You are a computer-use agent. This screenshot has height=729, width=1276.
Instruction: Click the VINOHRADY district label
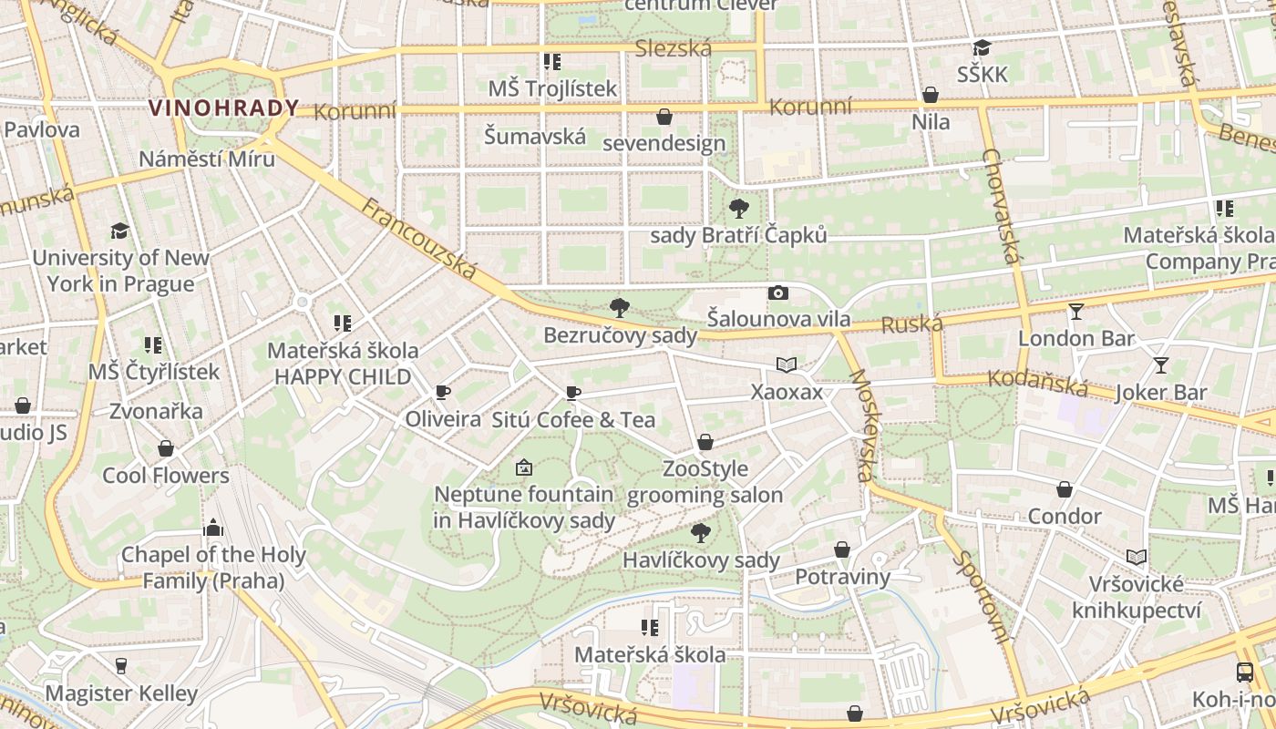tap(223, 108)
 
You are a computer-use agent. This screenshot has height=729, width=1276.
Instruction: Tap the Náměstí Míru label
tap(207, 159)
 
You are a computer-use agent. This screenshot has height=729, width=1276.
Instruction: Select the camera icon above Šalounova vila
tap(777, 293)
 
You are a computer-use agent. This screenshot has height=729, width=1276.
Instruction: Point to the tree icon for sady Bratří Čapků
tap(739, 209)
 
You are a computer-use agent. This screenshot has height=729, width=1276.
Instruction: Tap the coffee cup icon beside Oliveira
tap(443, 393)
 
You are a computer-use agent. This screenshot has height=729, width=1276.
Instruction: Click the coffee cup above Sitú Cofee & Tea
tap(572, 394)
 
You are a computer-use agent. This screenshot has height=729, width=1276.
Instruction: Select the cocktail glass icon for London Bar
tap(1076, 312)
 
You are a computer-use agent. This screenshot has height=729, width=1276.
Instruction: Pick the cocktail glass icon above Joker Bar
tap(1160, 365)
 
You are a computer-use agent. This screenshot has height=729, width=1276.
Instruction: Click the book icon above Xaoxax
tap(787, 365)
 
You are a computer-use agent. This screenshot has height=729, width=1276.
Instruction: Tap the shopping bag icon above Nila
tap(931, 95)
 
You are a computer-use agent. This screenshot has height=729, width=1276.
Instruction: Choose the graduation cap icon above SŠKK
tap(982, 48)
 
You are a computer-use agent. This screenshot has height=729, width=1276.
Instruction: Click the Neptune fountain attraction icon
tap(523, 467)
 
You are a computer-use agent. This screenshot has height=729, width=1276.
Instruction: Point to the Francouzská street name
tap(419, 239)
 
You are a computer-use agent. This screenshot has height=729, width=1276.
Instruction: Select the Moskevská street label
tap(861, 426)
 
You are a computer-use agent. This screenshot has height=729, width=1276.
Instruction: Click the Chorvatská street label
tap(1001, 205)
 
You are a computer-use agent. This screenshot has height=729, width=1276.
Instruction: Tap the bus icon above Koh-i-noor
tap(1245, 673)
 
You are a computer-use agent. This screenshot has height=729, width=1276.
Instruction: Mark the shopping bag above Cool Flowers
tap(166, 448)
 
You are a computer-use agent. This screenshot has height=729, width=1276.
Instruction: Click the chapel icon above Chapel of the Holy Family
tap(213, 528)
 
